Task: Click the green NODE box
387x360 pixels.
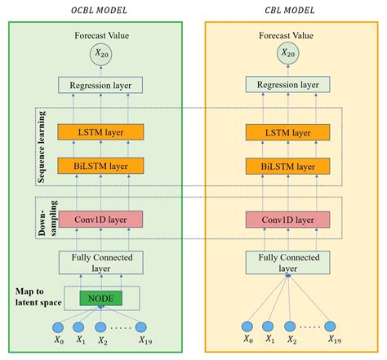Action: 101,299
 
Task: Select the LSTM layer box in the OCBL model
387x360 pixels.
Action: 101,131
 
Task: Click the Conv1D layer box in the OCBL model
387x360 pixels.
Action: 101,219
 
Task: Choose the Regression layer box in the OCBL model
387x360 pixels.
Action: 101,84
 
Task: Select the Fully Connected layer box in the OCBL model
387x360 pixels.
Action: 101,261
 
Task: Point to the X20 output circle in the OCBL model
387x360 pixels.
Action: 101,54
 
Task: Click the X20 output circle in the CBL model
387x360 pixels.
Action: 287,54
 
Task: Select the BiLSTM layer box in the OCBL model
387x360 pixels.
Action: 101,166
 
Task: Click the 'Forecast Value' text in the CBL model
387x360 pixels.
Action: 287,35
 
